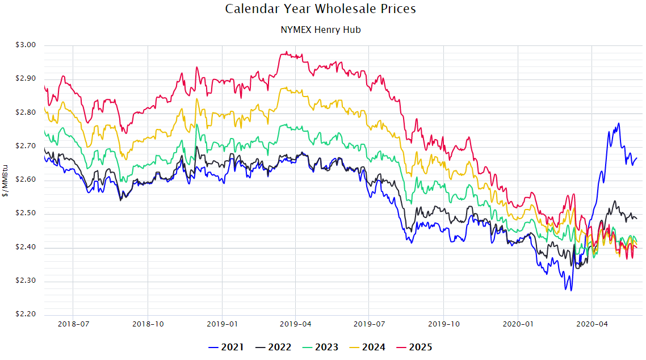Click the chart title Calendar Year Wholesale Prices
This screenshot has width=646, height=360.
[321, 9]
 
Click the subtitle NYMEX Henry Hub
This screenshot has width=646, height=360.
[321, 30]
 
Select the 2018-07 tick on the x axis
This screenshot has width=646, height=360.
[73, 325]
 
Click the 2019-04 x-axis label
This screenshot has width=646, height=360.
[295, 325]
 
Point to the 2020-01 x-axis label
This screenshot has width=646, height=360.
[518, 325]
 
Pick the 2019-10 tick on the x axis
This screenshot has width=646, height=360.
[444, 325]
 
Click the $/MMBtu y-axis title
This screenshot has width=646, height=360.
[6, 180]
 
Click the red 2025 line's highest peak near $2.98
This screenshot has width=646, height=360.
[287, 52]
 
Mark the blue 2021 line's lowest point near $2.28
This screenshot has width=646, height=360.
[571, 290]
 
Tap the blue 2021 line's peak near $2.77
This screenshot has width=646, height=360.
[618, 123]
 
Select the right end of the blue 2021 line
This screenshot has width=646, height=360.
[637, 158]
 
